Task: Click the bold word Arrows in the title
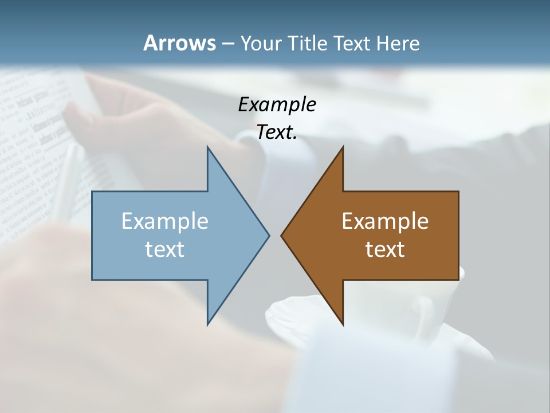[179, 43]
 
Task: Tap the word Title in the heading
[306, 43]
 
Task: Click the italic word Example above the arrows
[277, 104]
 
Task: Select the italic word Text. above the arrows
[277, 132]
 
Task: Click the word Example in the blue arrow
[165, 221]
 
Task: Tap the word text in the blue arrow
[165, 249]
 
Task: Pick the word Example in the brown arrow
[385, 221]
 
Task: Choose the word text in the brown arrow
[385, 249]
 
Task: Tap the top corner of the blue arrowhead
[208, 148]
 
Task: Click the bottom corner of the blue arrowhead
[208, 324]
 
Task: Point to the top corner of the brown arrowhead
[343, 148]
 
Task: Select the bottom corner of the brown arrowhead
[343, 324]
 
